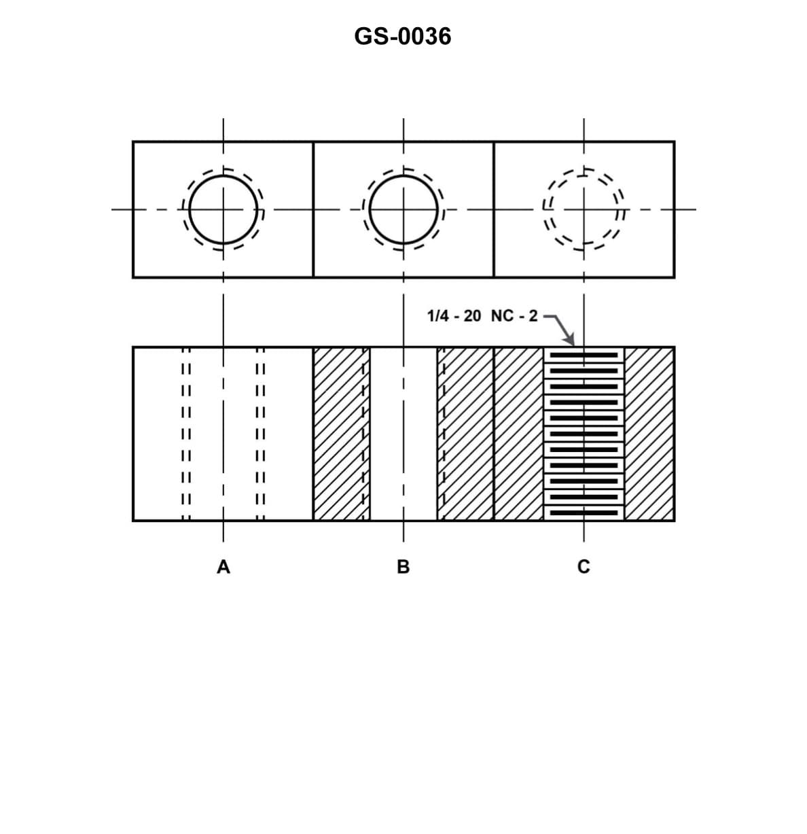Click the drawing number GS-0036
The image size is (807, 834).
coord(402,36)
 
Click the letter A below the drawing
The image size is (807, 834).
coord(223,566)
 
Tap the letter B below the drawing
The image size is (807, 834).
coord(403,566)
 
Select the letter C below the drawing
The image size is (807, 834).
coord(583,566)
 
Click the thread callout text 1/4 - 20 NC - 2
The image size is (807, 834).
coord(482,316)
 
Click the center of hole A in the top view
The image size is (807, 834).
coord(223,209)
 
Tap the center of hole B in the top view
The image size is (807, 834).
coord(403,209)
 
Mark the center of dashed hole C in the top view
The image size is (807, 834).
coord(584,209)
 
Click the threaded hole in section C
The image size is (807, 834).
coord(584,434)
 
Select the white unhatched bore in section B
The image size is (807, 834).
coord(403,434)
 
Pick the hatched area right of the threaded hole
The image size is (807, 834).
coord(649,434)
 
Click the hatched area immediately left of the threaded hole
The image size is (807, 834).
coord(519,434)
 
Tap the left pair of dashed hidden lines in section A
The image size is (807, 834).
coord(185,434)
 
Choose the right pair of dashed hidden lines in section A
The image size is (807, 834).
coord(260,434)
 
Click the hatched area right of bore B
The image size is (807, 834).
coord(465,434)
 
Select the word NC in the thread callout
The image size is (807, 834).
coord(502,316)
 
